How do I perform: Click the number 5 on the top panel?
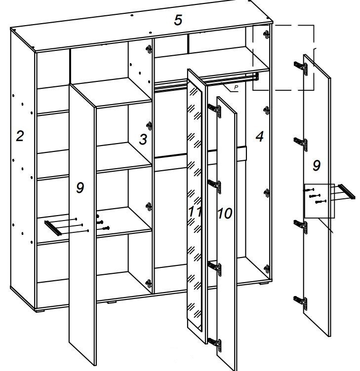(178, 20)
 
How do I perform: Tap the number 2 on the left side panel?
(19, 136)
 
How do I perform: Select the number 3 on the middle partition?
(143, 140)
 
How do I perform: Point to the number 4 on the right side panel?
(259, 137)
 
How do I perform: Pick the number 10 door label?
(224, 214)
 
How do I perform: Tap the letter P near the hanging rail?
(236, 88)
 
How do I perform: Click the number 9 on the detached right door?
(316, 166)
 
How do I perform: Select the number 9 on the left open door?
(80, 187)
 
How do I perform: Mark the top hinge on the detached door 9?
(301, 68)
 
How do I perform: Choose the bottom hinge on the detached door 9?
(301, 300)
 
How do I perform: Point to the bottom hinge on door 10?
(215, 342)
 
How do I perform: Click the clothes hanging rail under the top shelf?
(207, 80)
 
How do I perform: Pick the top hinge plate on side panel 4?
(267, 35)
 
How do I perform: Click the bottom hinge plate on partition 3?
(148, 283)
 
